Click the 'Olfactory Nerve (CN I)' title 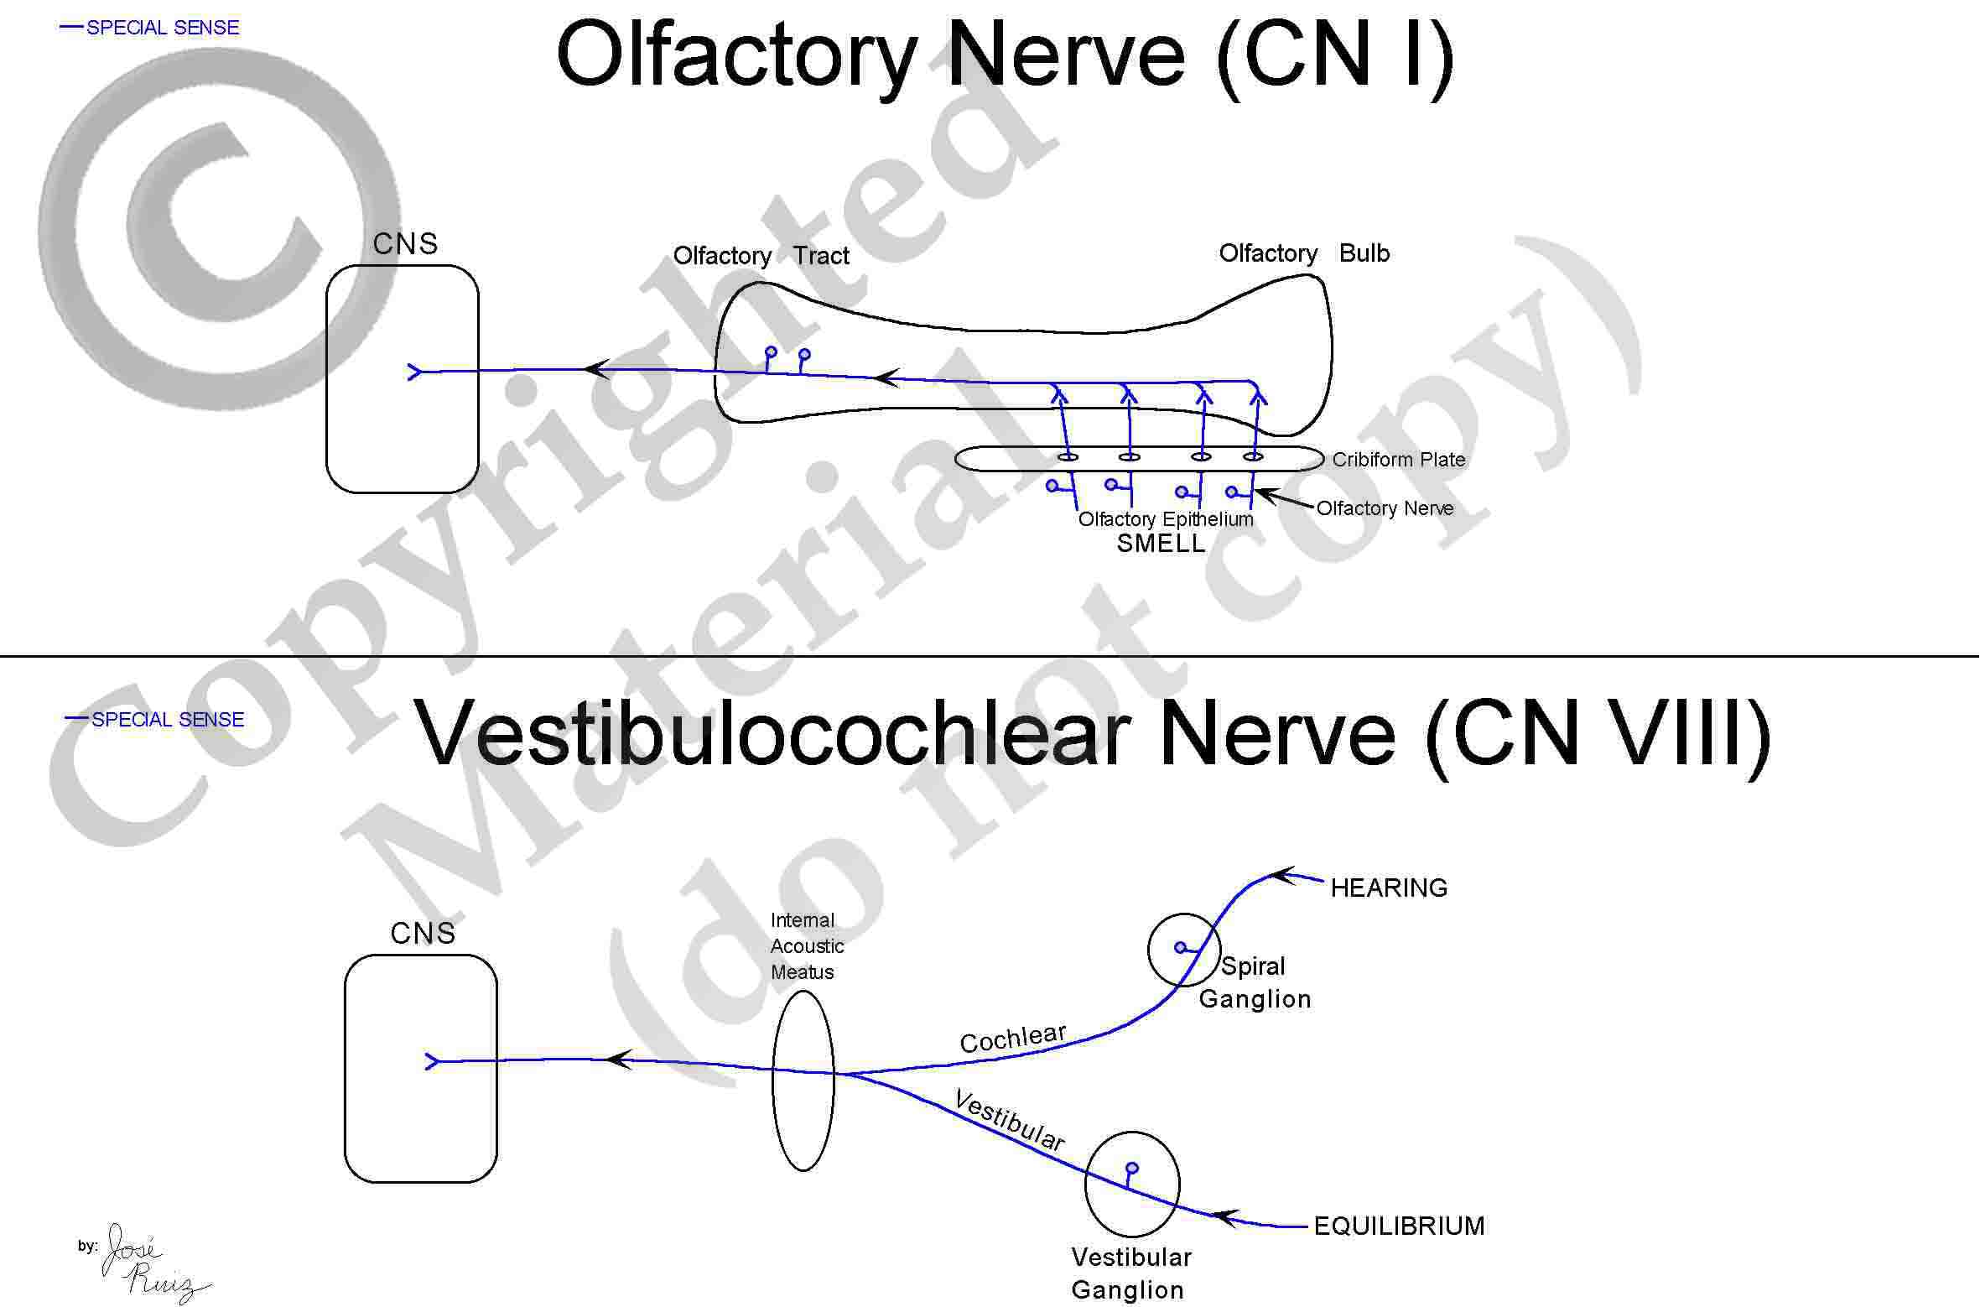click(x=1005, y=57)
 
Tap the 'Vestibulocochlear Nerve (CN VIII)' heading click(x=1094, y=736)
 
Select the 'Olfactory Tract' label click(x=761, y=256)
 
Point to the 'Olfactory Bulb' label click(x=1304, y=253)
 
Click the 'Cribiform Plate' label click(x=1399, y=460)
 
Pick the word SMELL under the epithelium click(x=1161, y=544)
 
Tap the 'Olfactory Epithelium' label click(x=1166, y=519)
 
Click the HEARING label click(x=1389, y=888)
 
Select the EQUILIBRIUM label click(x=1399, y=1226)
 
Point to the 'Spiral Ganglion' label click(x=1255, y=982)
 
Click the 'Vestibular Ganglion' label click(x=1130, y=1273)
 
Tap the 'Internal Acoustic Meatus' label click(x=807, y=946)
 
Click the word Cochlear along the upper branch click(x=1013, y=1039)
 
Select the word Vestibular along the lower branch click(x=1010, y=1121)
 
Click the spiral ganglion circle click(x=1149, y=950)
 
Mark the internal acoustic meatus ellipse click(x=773, y=1080)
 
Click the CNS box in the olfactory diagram click(x=327, y=379)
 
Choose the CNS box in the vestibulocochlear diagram click(x=346, y=1069)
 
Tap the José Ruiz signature click(x=151, y=1263)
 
